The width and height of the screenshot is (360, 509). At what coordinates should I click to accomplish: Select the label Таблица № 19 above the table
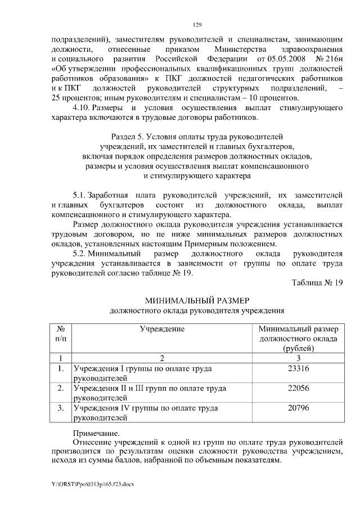click(317, 283)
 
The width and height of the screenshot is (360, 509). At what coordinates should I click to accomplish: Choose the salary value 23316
click(298, 368)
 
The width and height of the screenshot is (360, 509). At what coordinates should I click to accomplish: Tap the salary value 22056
click(298, 388)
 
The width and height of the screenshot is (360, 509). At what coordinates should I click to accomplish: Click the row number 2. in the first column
click(60, 388)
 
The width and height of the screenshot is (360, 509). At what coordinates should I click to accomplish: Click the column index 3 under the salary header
click(298, 358)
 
